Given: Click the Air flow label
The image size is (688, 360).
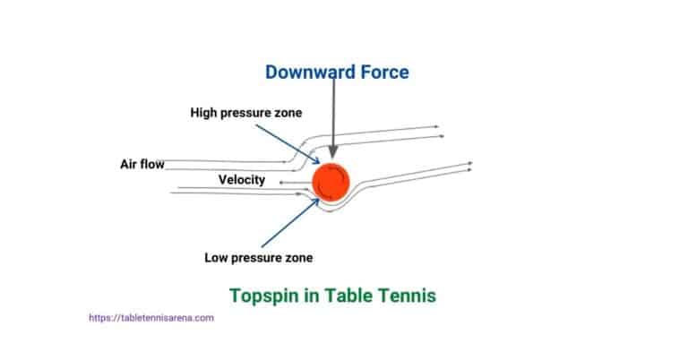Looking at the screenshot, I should pos(142,164).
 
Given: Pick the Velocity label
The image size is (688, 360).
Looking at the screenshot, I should pos(242,180).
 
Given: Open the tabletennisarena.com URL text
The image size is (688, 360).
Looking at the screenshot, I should pos(151,318).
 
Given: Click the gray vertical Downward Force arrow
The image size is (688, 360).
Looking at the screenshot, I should pos(333,107).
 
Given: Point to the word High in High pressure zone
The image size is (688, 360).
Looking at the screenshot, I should pos(202,113).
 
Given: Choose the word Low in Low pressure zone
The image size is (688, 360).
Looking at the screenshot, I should pos(216,258).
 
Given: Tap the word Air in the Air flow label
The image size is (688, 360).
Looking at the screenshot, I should pos(130,164).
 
